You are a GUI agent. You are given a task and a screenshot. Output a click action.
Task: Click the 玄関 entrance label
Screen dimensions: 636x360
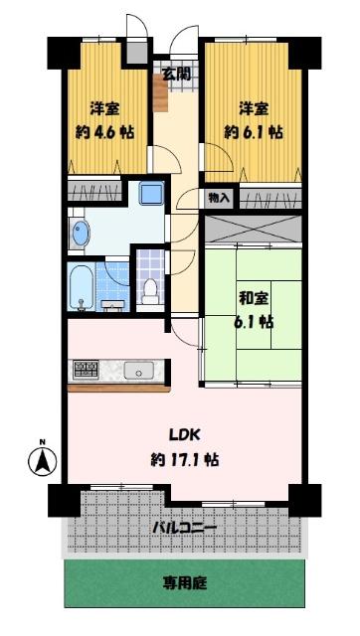tap(178, 73)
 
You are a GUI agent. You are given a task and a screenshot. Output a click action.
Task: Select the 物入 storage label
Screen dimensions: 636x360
tap(219, 199)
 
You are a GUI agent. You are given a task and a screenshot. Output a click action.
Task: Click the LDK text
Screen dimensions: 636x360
tap(180, 433)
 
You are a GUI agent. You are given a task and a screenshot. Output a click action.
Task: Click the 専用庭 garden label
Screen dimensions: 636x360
tap(187, 583)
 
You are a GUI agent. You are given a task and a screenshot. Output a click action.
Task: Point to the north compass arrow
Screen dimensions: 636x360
tap(42, 462)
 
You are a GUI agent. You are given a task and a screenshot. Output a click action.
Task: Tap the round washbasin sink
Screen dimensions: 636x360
tap(81, 234)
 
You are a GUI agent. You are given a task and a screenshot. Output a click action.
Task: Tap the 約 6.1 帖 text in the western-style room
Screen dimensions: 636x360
tap(251, 131)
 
